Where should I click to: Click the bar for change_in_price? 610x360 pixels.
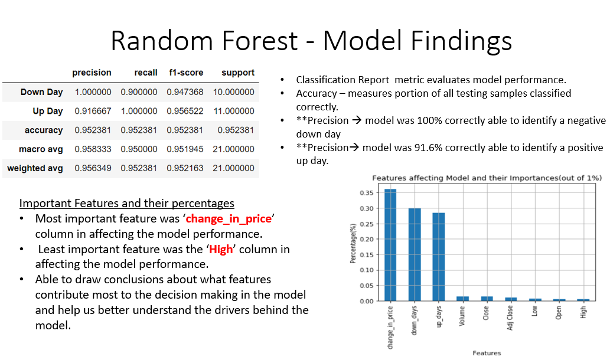pos(390,245)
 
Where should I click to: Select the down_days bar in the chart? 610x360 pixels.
pos(415,254)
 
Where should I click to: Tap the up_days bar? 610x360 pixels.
pos(438,257)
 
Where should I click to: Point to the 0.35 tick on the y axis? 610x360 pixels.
pos(367,193)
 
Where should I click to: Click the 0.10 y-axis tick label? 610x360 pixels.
pos(367,270)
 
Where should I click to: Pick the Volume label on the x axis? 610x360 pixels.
pos(462,316)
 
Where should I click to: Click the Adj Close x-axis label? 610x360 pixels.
pos(510,318)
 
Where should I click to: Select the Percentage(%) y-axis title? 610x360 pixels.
pos(353,243)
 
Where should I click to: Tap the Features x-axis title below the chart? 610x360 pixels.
pos(487,353)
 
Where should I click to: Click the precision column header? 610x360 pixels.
pos(92,73)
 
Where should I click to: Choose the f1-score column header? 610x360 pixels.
pos(186,73)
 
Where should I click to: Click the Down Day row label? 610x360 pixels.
pos(41,92)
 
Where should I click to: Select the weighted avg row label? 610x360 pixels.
pos(35,168)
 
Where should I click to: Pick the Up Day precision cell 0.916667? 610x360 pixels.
pos(93,111)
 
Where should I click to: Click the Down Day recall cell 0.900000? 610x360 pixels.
pos(139,92)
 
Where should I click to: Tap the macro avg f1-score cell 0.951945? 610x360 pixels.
pos(185,149)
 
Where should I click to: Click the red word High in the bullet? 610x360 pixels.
pos(221,249)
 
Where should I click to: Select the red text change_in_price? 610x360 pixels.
pos(229,219)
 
